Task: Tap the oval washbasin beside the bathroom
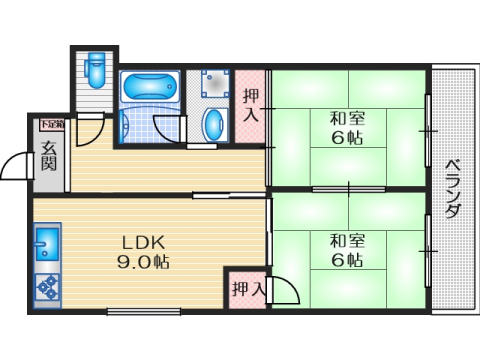pyautogui.click(x=213, y=124)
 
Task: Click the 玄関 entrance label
pyautogui.click(x=48, y=157)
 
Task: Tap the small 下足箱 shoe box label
pyautogui.click(x=51, y=125)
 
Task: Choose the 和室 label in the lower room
pyautogui.click(x=347, y=240)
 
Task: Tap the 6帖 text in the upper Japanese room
pyautogui.click(x=347, y=138)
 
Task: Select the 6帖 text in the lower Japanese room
pyautogui.click(x=347, y=260)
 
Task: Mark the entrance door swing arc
pyautogui.click(x=17, y=165)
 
